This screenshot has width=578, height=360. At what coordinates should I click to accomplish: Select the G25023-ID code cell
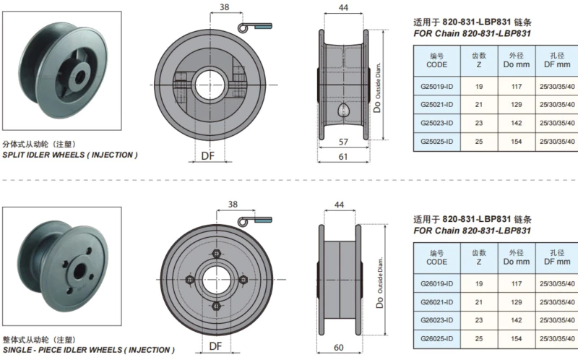[436, 122]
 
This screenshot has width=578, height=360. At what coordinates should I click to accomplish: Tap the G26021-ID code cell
[436, 301]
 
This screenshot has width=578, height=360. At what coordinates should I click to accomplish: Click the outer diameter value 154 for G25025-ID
[515, 141]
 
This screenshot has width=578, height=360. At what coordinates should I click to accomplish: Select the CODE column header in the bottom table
[436, 257]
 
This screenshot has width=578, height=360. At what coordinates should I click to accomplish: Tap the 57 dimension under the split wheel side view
[342, 142]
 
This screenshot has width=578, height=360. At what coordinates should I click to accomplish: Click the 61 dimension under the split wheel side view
[342, 157]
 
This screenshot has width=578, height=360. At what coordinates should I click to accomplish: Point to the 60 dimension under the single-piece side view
[338, 348]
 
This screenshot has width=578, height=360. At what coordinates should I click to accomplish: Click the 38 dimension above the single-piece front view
[233, 205]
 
